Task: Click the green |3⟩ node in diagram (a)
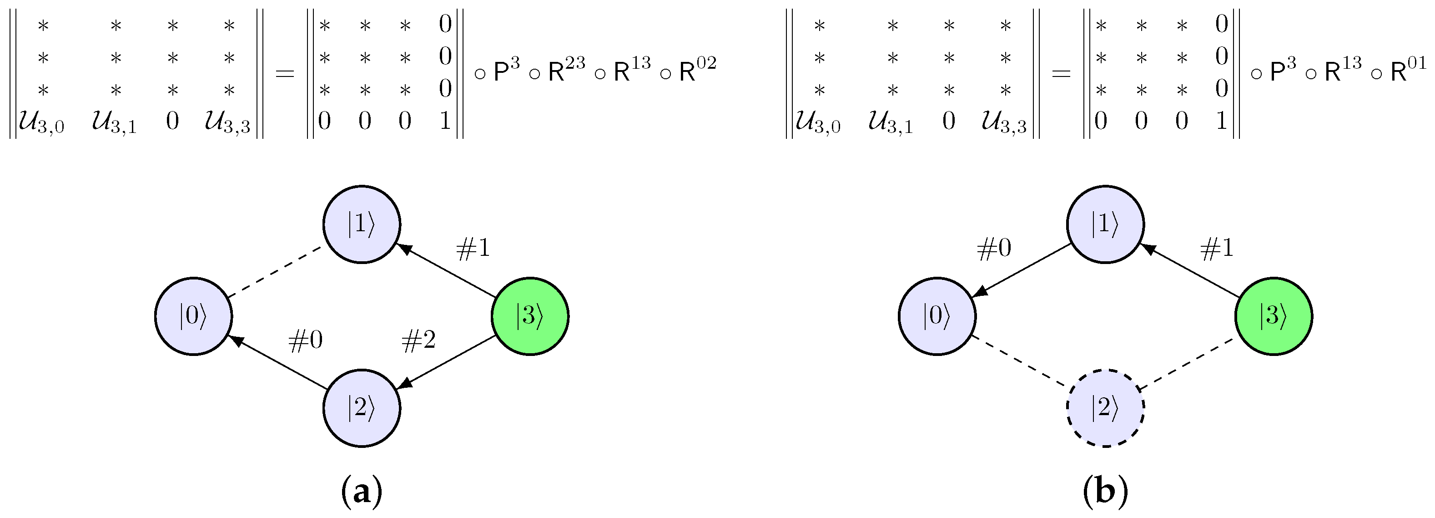[x=530, y=316]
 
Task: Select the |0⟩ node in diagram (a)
[x=193, y=316]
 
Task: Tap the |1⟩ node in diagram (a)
[x=362, y=224]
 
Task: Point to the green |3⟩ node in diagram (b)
[x=1274, y=316]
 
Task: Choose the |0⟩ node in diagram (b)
[x=937, y=316]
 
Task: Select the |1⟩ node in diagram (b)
[x=1105, y=224]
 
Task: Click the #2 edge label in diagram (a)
[x=419, y=340]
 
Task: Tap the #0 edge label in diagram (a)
[x=305, y=340]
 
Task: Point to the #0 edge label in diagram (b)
[x=994, y=248]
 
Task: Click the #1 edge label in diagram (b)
[x=1217, y=248]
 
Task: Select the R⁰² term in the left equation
[x=697, y=70]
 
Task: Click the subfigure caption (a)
[x=362, y=492]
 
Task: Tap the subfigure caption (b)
[x=1106, y=492]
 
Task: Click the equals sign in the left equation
[x=285, y=73]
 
